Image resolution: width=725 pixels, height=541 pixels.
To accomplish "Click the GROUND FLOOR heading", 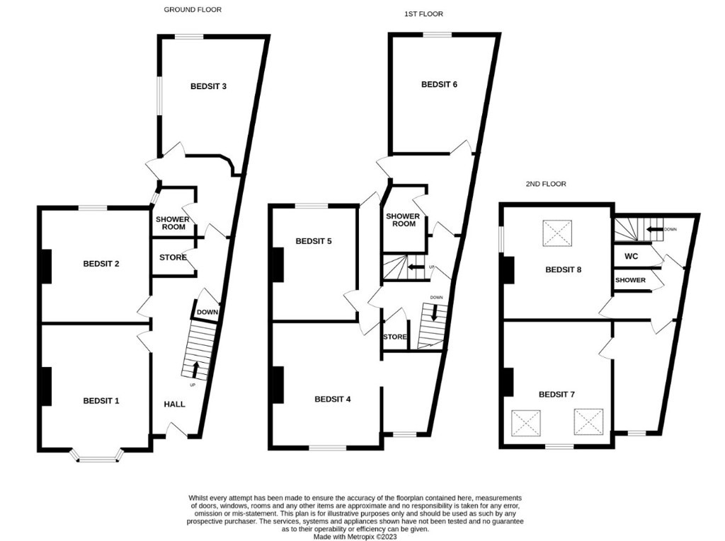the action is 193,9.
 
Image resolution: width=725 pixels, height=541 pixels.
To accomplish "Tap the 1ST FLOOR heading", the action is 423,14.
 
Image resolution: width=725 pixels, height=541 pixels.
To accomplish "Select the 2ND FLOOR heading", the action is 546,184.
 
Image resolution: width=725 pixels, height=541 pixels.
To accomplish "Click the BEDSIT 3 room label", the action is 209,86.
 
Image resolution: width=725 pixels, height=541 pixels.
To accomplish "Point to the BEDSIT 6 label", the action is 439,85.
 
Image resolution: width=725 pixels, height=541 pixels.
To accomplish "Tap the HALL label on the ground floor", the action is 174,405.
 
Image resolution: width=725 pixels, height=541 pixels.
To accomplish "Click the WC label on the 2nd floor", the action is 631,256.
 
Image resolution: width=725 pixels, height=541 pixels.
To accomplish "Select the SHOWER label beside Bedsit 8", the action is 630,280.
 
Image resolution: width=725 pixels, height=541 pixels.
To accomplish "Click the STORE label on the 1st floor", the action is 395,337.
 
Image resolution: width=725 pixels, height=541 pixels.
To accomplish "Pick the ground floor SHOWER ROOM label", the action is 173,223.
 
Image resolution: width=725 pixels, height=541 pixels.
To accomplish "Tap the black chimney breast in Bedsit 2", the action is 46,266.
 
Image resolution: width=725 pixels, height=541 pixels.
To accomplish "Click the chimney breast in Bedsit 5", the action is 278,264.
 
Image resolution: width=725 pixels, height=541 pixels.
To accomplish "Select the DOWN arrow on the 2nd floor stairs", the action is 655,229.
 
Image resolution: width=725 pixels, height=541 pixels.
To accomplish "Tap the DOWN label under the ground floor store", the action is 207,313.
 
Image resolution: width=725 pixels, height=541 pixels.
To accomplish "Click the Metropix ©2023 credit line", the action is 355,537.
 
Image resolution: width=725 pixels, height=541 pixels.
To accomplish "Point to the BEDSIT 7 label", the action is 556,395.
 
